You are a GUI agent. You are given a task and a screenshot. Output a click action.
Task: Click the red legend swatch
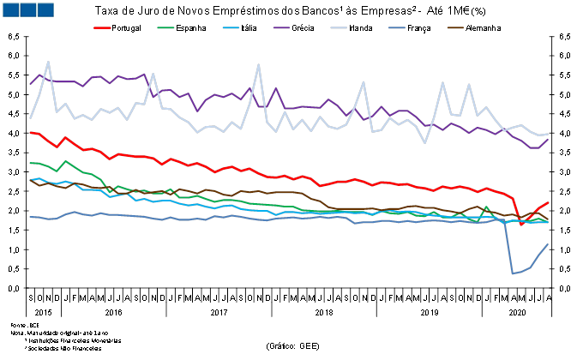(102, 27)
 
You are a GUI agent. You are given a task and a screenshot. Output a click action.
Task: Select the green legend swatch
(165, 27)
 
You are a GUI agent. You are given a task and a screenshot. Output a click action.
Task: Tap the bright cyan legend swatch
(231, 27)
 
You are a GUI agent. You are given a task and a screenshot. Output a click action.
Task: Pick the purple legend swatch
(281, 27)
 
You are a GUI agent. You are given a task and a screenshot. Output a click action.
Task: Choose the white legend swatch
(339, 27)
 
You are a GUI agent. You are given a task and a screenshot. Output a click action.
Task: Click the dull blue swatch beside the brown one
(396, 27)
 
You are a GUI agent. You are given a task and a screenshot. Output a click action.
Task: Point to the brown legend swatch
(455, 27)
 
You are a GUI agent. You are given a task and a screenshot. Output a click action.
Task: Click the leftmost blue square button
(10, 9)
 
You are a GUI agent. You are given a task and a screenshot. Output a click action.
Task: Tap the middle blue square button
(27, 9)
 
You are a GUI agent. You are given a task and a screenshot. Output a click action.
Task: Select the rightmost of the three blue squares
(45, 9)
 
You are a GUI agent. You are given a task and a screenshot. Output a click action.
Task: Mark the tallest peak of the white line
(48, 62)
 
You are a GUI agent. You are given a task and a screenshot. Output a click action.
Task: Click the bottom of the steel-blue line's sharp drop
(513, 273)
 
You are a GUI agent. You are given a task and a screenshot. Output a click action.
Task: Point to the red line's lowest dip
(521, 225)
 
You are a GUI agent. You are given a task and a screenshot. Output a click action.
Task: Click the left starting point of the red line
(30, 132)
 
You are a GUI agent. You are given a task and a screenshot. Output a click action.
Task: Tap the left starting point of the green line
(30, 163)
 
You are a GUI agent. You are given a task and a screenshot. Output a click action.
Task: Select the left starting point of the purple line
(30, 84)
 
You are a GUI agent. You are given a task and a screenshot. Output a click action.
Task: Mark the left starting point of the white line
(30, 117)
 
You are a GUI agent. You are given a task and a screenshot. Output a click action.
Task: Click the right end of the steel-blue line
(548, 245)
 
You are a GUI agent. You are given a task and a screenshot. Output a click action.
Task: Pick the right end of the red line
(548, 203)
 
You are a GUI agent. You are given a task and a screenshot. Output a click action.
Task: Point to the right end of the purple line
(548, 140)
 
